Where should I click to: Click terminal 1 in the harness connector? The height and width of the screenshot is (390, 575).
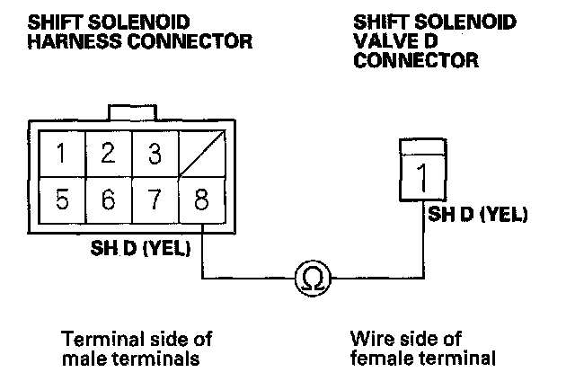60,154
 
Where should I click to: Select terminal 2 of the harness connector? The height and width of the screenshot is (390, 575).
108,154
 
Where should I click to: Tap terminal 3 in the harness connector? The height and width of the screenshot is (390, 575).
155,154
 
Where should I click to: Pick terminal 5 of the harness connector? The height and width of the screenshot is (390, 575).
60,199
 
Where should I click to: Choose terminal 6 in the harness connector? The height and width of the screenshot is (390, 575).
108,199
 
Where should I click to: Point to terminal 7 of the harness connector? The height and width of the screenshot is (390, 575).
155,199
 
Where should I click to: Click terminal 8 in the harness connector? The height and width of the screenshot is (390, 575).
201,199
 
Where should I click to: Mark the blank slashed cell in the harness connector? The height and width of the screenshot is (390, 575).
201,154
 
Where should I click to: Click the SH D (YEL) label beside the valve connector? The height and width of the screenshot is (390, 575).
477,216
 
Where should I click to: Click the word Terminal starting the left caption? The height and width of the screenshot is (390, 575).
95,338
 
